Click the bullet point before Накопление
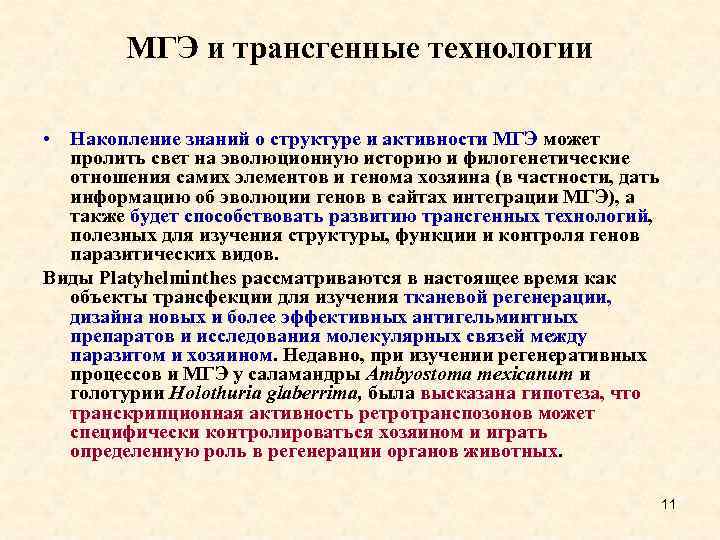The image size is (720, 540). point(47,140)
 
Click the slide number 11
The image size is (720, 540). point(669,503)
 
